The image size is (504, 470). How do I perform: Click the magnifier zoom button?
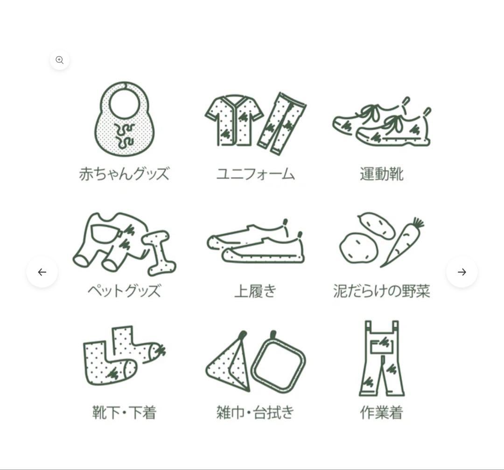click(60, 60)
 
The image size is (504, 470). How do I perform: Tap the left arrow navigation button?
click(42, 272)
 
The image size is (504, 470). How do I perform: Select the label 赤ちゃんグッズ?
click(124, 174)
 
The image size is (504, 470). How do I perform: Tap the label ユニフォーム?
click(256, 174)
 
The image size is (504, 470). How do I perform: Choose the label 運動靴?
click(381, 174)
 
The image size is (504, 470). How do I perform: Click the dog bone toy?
click(159, 252)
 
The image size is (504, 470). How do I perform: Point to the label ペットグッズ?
click(124, 291)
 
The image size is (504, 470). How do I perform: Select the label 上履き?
click(256, 291)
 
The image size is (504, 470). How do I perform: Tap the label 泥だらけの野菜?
click(381, 291)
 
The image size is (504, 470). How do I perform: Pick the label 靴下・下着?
click(124, 413)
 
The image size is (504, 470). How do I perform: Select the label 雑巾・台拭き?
click(256, 413)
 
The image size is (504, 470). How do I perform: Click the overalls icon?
click(382, 359)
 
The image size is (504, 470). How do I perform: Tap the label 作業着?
click(381, 413)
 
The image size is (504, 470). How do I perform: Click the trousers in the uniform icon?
click(281, 123)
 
